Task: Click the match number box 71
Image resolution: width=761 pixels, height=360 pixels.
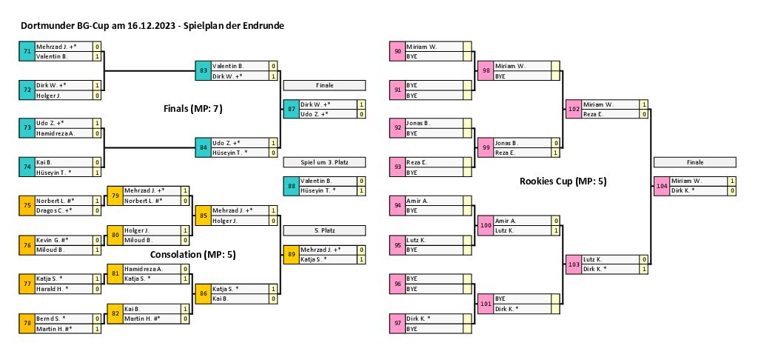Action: point(27,51)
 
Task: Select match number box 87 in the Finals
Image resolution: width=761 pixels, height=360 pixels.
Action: point(291,109)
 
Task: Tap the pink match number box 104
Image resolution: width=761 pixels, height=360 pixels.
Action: point(661,185)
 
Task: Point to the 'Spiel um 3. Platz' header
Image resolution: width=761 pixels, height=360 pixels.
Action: point(323,162)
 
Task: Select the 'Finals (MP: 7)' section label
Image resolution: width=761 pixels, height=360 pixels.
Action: point(192,109)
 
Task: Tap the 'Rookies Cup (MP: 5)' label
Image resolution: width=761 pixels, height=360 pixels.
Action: point(563,180)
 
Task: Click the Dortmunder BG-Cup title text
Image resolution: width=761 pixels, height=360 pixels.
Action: point(152,25)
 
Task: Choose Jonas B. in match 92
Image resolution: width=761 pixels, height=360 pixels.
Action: point(434,123)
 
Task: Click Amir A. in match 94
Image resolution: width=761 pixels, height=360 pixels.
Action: point(434,201)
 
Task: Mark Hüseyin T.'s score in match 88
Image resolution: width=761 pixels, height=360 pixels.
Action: point(361,190)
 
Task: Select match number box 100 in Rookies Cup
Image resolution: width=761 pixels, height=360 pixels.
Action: point(486,225)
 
